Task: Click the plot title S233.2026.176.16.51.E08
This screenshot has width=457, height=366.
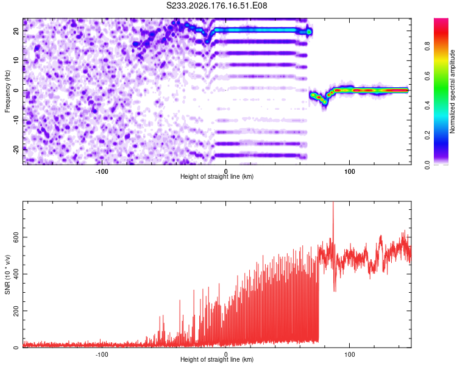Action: [216, 5]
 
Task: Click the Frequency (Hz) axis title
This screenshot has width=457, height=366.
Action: [7, 91]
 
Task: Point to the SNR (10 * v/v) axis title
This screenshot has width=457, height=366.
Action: [7, 274]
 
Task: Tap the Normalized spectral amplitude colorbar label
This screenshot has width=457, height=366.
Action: [452, 91]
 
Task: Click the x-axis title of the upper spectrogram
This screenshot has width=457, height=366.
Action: [217, 176]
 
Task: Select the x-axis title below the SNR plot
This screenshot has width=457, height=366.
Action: [217, 359]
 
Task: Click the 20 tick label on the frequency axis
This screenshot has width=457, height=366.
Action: [16, 30]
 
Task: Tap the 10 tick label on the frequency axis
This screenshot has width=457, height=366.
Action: [16, 60]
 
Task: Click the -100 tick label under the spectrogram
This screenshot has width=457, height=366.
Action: [102, 171]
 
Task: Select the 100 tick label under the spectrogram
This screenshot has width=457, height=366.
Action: [350, 171]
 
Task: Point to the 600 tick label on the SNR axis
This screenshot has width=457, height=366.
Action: [16, 237]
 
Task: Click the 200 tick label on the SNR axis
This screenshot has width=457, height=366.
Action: [16, 311]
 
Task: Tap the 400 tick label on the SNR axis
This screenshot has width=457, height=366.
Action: [16, 274]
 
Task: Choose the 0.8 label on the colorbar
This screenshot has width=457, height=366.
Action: [427, 46]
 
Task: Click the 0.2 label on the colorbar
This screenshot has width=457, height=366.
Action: [427, 135]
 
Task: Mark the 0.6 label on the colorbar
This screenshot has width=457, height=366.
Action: [427, 76]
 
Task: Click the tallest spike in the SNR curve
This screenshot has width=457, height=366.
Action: [333, 203]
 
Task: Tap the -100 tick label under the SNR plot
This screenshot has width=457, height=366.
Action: [102, 354]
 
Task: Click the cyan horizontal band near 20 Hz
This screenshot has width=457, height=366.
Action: [257, 30]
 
